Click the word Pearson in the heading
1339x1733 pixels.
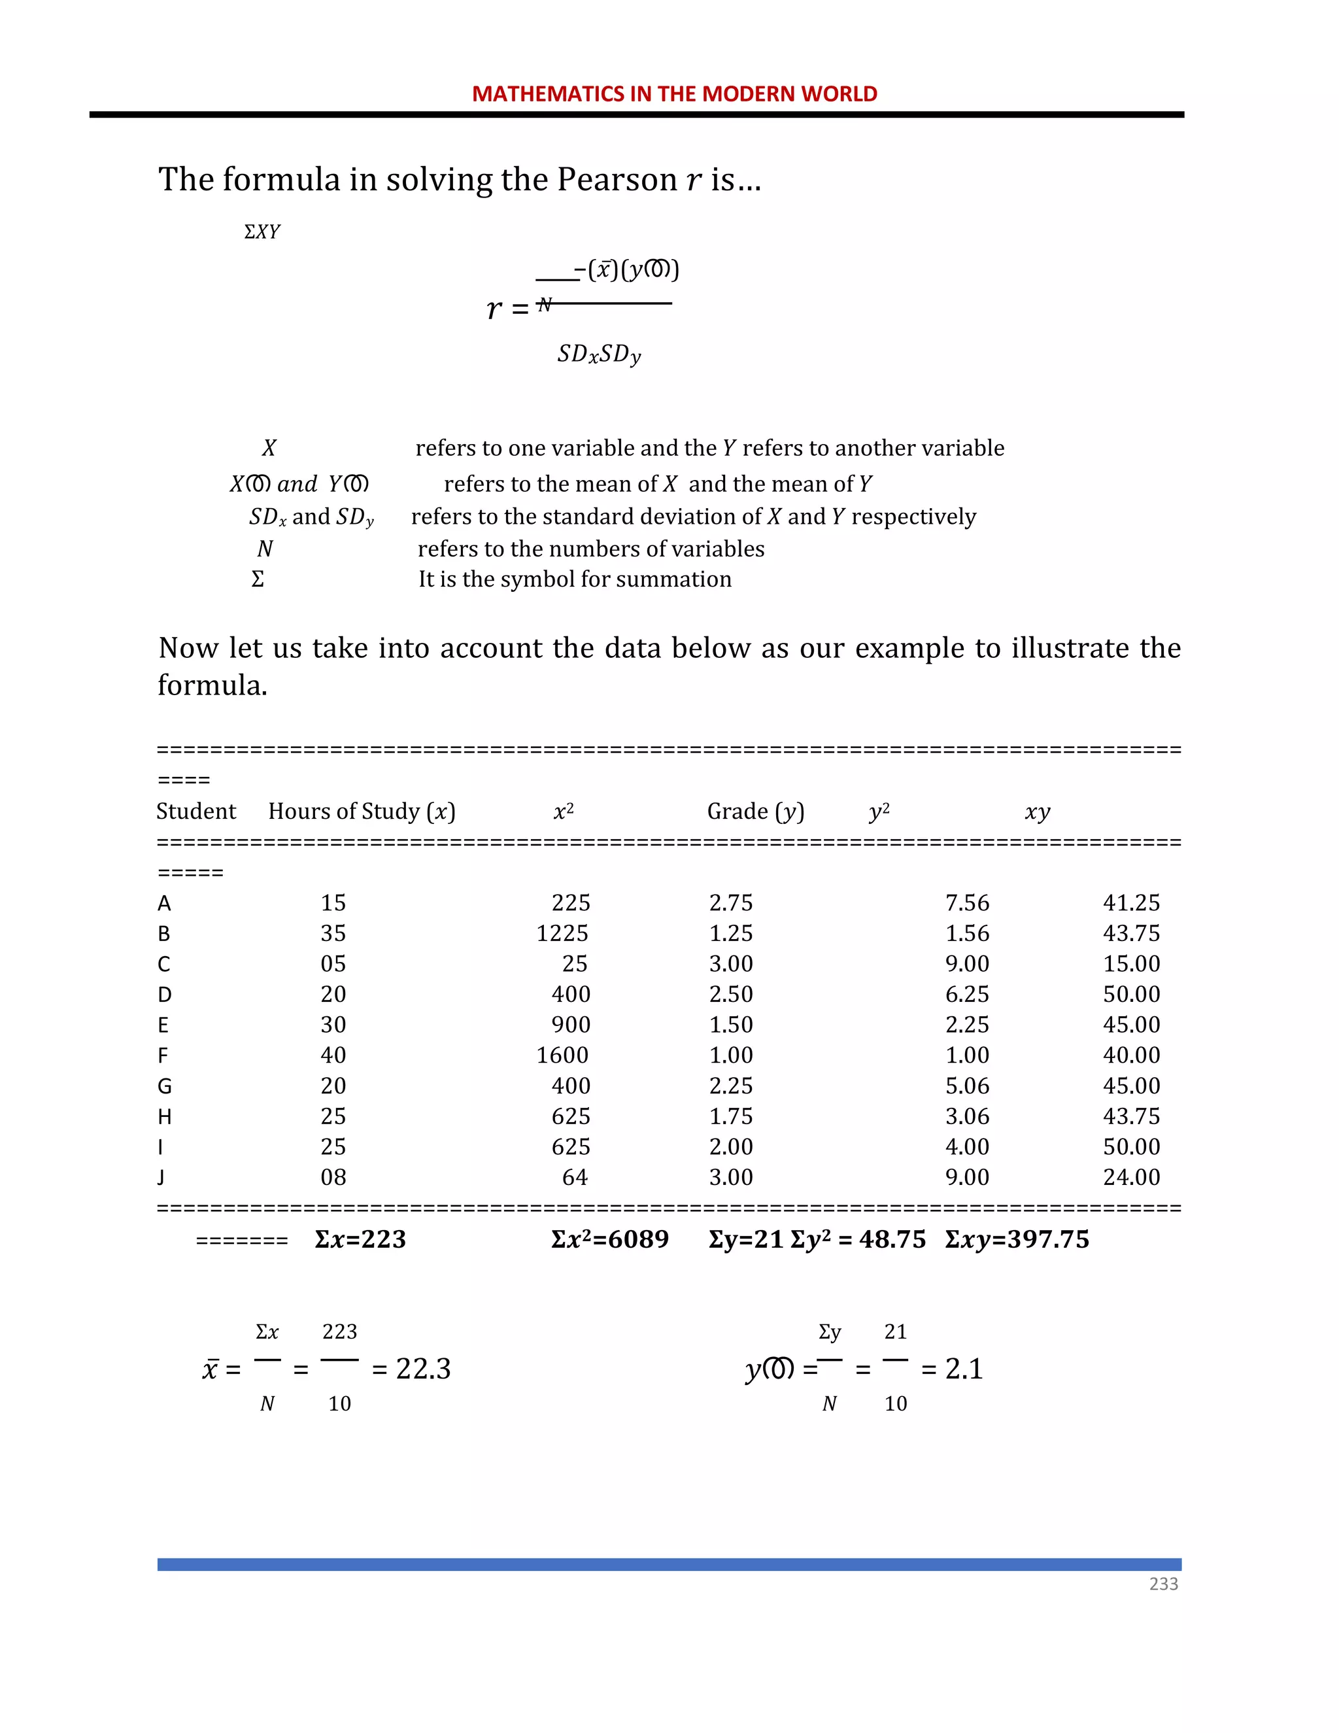(x=617, y=179)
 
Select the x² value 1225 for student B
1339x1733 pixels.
(x=562, y=933)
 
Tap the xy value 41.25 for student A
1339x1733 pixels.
(x=1130, y=903)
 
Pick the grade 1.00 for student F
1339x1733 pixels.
(x=730, y=1055)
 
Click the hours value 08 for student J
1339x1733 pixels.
(x=333, y=1178)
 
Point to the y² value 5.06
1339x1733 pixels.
(x=966, y=1086)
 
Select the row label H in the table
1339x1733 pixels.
(x=164, y=1116)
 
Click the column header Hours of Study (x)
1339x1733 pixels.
(x=362, y=811)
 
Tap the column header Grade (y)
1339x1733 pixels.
(x=755, y=811)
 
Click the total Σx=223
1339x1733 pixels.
(x=360, y=1239)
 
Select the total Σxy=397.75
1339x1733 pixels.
(x=1016, y=1239)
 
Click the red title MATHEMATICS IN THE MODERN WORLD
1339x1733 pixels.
(x=674, y=94)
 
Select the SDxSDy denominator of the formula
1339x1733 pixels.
(x=598, y=354)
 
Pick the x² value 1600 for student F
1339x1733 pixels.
(x=562, y=1055)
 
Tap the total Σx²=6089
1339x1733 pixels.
(x=609, y=1239)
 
